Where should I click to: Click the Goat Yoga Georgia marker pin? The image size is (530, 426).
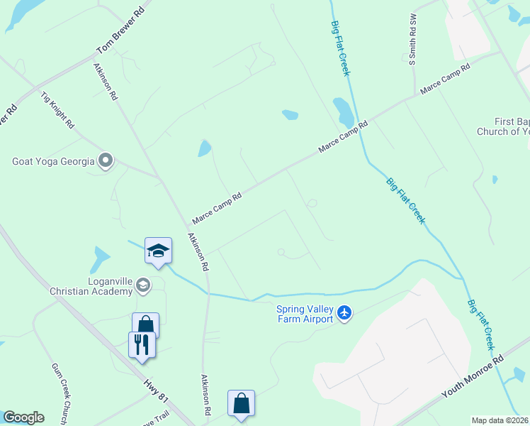(x=106, y=161)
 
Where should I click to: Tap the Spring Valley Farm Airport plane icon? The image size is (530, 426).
(x=344, y=312)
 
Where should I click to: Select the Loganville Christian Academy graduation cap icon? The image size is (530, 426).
(x=144, y=285)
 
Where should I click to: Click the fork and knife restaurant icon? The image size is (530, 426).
(x=142, y=344)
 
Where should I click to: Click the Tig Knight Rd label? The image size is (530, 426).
(x=57, y=109)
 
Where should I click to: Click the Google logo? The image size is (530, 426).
(x=23, y=417)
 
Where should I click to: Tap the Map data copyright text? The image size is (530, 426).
(x=500, y=420)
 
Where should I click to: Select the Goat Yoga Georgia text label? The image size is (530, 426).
(x=53, y=161)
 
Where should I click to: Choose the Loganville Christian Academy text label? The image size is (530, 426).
(x=91, y=285)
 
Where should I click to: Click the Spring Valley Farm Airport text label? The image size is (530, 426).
(x=305, y=313)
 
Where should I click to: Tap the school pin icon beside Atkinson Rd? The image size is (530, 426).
(x=158, y=251)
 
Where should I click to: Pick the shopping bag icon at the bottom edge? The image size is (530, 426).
(x=241, y=403)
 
